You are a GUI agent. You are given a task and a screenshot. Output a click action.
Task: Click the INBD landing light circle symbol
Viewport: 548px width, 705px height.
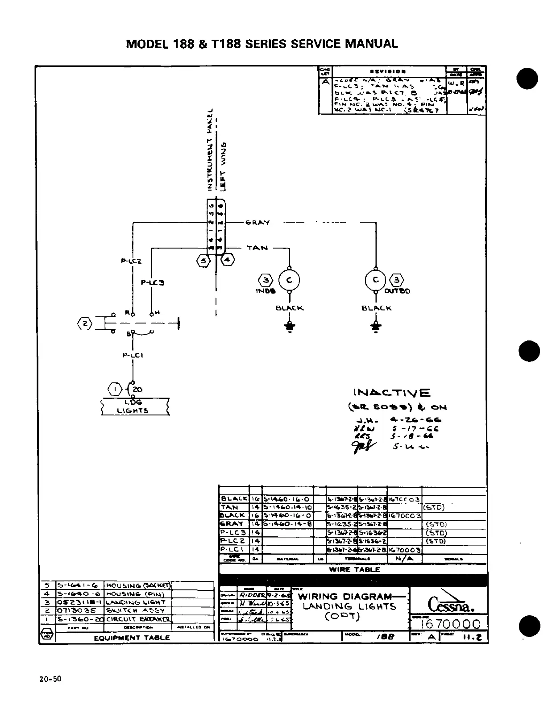pyautogui.click(x=289, y=280)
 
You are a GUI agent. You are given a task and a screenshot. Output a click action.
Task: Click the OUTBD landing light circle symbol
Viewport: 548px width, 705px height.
pyautogui.click(x=376, y=280)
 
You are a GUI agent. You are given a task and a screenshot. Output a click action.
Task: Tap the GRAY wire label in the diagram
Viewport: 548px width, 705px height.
pyautogui.click(x=257, y=222)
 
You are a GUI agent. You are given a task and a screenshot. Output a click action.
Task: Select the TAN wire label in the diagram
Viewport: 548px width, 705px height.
pyautogui.click(x=257, y=248)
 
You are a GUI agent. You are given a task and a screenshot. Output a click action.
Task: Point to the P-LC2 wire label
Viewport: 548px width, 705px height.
pyautogui.click(x=131, y=261)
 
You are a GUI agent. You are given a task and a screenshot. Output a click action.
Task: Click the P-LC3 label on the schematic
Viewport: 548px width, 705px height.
pyautogui.click(x=153, y=282)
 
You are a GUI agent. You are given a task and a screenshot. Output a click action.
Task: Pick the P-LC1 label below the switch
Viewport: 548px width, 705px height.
pyautogui.click(x=133, y=356)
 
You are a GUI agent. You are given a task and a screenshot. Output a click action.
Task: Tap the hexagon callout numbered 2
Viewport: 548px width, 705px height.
pyautogui.click(x=84, y=323)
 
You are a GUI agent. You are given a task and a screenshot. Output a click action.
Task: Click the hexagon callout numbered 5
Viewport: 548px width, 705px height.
pyautogui.click(x=203, y=261)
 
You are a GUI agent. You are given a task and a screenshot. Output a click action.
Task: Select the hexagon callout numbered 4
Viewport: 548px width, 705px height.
pyautogui.click(x=228, y=260)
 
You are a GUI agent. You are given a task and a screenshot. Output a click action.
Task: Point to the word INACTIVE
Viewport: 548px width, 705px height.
pyautogui.click(x=392, y=393)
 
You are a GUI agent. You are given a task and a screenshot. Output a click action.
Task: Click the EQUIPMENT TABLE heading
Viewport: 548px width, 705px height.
pyautogui.click(x=132, y=638)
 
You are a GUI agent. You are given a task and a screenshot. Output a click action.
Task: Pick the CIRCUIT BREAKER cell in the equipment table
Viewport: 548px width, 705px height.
pyautogui.click(x=137, y=619)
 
